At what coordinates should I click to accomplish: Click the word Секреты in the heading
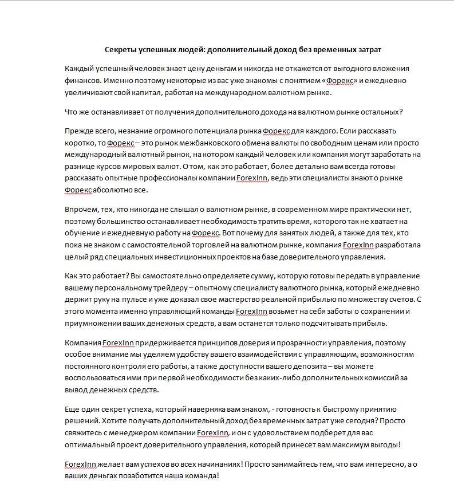click(x=121, y=50)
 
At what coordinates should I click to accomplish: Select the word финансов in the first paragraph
click(x=81, y=81)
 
